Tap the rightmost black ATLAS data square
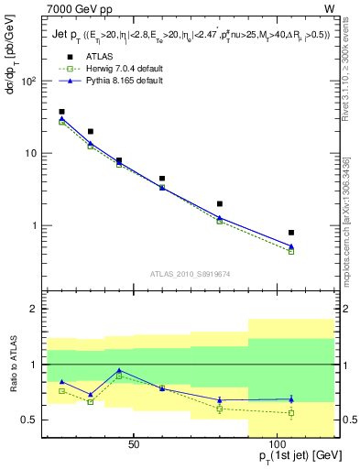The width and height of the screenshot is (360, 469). pos(291,233)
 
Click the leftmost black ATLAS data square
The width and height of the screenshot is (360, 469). pos(61,112)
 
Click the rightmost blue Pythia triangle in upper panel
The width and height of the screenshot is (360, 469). pos(291,245)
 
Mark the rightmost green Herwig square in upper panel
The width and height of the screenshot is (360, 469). pos(291,251)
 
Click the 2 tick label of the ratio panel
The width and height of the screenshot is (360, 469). pos(32,310)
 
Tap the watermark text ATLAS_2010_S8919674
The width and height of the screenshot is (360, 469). pos(190,273)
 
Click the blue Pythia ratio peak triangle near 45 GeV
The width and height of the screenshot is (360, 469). pos(119,370)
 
